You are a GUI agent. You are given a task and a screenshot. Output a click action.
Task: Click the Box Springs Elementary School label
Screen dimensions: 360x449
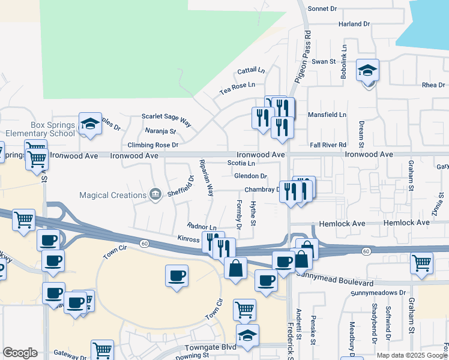click(x=38, y=129)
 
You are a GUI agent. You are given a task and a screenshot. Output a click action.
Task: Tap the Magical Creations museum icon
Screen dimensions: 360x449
click(x=155, y=194)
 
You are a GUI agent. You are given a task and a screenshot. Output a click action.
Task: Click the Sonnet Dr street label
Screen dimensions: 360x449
click(x=327, y=8)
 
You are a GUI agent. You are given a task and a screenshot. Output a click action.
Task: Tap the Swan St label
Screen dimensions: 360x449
click(x=323, y=61)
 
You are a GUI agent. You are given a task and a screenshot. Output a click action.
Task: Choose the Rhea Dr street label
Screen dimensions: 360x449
click(x=433, y=85)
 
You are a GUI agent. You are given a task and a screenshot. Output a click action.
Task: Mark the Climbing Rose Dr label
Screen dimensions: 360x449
click(x=153, y=145)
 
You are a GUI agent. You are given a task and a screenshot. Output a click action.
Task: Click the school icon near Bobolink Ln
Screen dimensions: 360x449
click(x=367, y=72)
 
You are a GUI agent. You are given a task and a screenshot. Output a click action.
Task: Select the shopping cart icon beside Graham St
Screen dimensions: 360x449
click(x=422, y=262)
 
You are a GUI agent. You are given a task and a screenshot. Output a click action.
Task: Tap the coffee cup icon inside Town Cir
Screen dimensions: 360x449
click(x=176, y=275)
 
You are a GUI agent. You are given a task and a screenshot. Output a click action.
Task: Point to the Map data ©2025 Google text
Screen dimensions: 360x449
click(x=412, y=355)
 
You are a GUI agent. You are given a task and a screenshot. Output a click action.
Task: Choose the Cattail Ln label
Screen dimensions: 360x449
click(x=250, y=71)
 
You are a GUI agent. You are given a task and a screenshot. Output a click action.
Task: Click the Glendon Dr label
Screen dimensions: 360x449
click(x=251, y=176)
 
